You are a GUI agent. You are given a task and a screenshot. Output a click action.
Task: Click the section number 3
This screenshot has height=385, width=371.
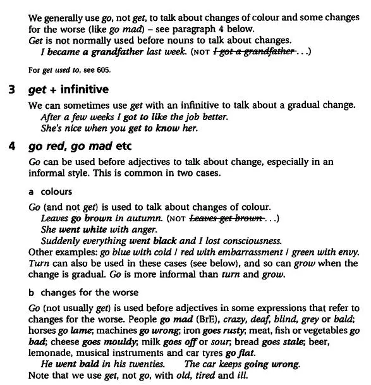tap(12, 89)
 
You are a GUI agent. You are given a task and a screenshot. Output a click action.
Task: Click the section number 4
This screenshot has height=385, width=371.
tap(12, 146)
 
